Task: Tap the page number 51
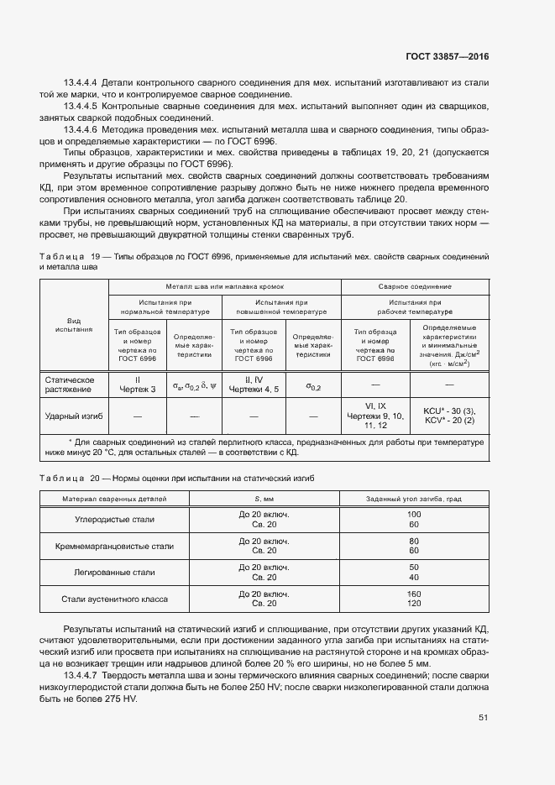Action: point(483,718)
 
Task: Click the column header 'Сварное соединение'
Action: point(415,286)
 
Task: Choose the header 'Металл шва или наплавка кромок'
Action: point(224,286)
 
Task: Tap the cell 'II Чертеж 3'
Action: point(137,384)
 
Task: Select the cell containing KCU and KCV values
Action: point(449,415)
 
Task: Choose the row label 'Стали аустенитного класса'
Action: point(116,599)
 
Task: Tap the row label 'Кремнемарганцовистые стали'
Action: point(116,546)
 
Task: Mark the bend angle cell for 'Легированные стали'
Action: point(413,572)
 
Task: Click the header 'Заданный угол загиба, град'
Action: point(413,499)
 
